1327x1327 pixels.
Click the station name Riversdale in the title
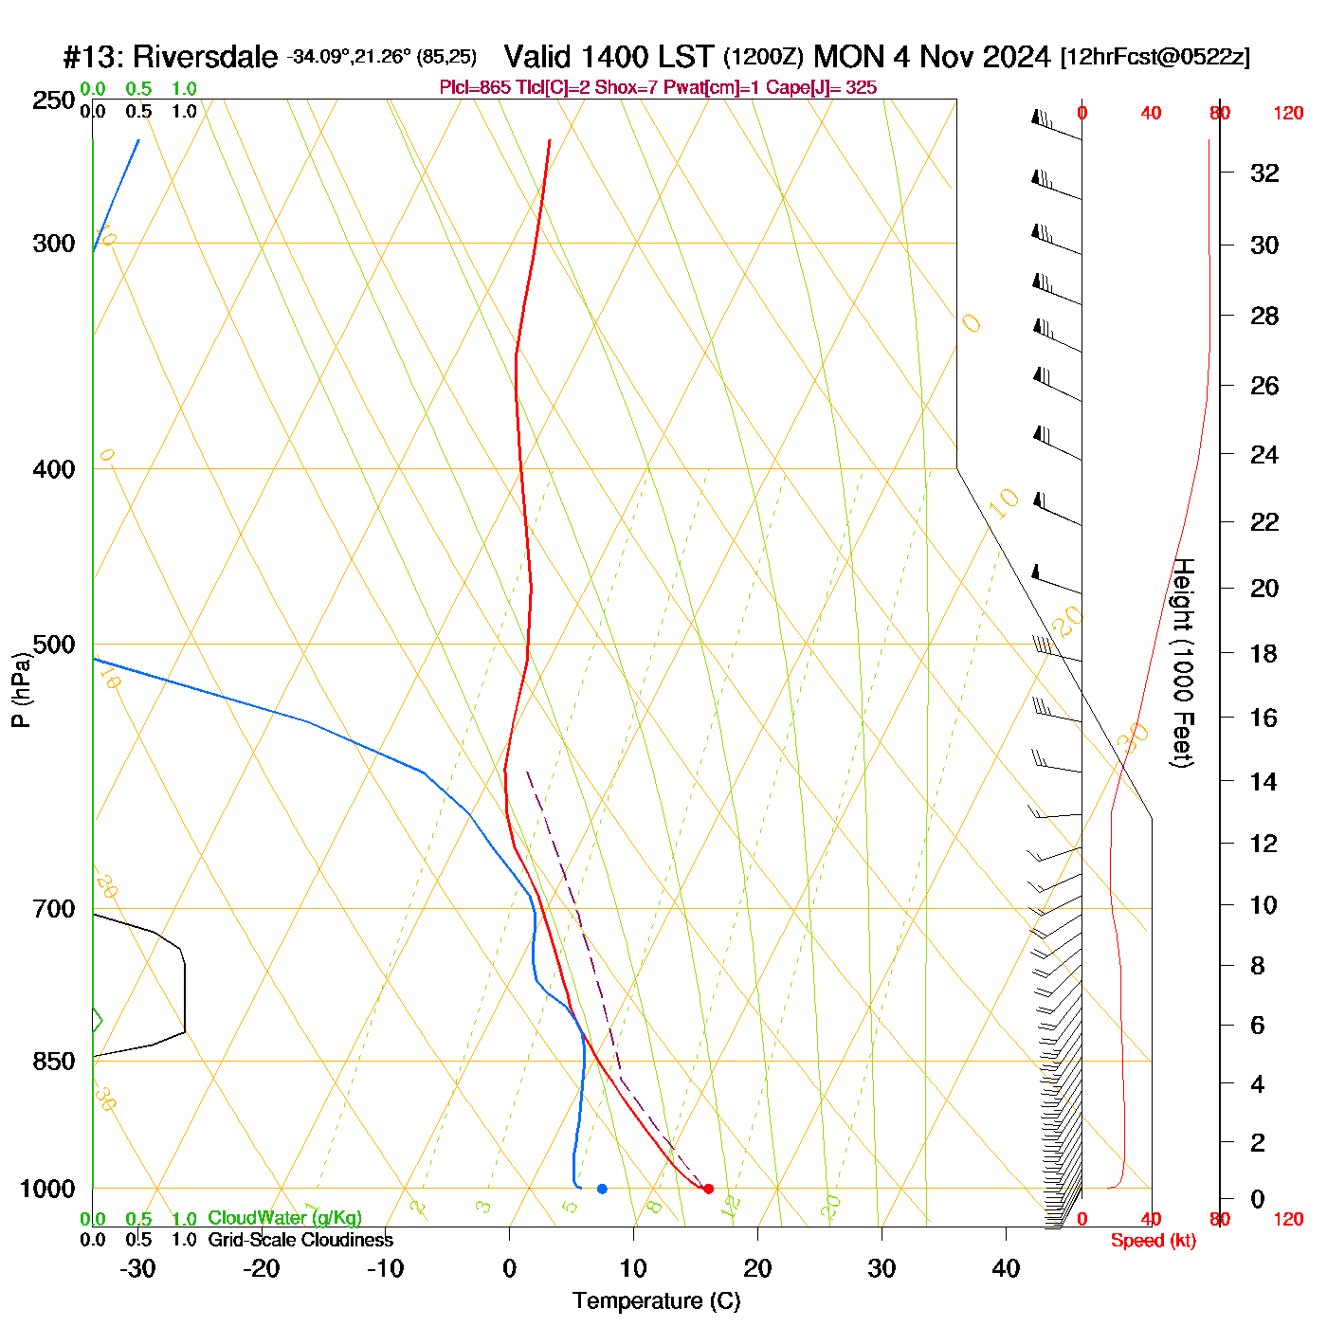click(205, 57)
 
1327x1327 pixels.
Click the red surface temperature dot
click(708, 1189)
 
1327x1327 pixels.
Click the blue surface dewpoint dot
click(602, 1189)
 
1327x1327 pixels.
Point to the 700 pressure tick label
click(54, 909)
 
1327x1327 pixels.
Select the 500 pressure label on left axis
click(54, 645)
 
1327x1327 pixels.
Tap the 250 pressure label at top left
click(54, 100)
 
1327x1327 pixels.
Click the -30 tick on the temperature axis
click(137, 1268)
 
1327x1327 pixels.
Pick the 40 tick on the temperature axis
click(1006, 1268)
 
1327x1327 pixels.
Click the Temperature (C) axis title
click(656, 1301)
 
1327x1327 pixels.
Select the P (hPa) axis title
click(21, 690)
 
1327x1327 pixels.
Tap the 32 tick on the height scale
click(1264, 173)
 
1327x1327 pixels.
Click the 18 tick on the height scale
click(1264, 653)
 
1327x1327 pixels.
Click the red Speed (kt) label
click(1153, 1241)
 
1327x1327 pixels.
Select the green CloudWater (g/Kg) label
click(284, 1218)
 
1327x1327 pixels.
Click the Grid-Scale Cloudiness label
click(300, 1240)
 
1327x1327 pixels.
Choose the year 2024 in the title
click(1016, 57)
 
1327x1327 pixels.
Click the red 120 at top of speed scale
click(1287, 114)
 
